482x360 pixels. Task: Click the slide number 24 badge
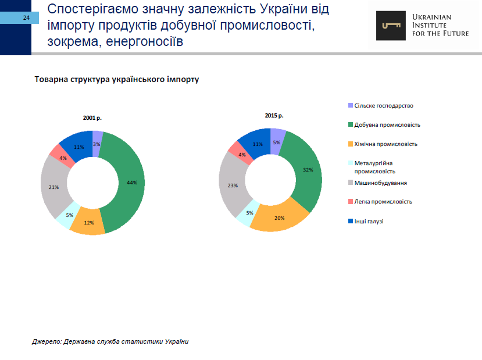(26, 18)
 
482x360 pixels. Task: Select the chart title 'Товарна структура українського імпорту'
(116, 80)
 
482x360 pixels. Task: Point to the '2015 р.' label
(274, 116)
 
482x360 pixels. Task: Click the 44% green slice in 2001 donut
(131, 182)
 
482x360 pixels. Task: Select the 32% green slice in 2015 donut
(307, 170)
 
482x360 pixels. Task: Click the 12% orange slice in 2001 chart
(88, 222)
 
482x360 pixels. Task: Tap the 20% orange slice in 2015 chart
(279, 218)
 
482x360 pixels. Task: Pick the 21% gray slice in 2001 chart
(54, 187)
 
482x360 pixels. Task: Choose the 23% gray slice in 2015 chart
(232, 186)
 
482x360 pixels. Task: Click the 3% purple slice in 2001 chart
(97, 143)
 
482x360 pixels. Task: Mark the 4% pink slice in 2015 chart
(241, 155)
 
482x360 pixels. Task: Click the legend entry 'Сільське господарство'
(383, 106)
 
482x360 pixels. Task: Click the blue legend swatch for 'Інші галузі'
(350, 221)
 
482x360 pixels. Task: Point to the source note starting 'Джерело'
(110, 341)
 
